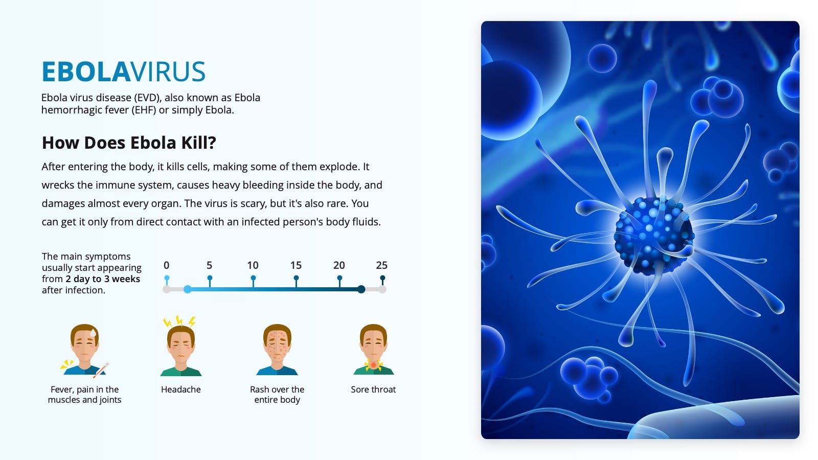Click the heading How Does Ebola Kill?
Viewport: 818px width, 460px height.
coord(129,143)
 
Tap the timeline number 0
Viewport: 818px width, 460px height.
coord(167,265)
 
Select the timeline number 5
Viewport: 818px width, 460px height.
coord(209,265)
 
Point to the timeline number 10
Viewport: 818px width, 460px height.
coord(253,265)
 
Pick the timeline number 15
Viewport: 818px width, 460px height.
coord(296,265)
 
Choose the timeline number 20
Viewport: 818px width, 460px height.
coord(339,265)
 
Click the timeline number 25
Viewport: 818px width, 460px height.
coord(381,265)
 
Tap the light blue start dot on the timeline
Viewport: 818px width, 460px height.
coord(187,289)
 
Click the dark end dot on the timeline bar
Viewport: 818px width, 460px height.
coord(361,289)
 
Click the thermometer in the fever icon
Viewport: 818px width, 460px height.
coord(101,370)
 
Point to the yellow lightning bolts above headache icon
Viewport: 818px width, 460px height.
coord(179,321)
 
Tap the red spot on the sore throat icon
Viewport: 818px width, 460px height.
coord(373,365)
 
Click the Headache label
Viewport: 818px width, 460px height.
coord(181,389)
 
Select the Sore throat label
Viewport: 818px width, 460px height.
coord(373,389)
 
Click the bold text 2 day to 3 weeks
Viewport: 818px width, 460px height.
coord(103,279)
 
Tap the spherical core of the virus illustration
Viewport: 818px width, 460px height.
coord(654,236)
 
